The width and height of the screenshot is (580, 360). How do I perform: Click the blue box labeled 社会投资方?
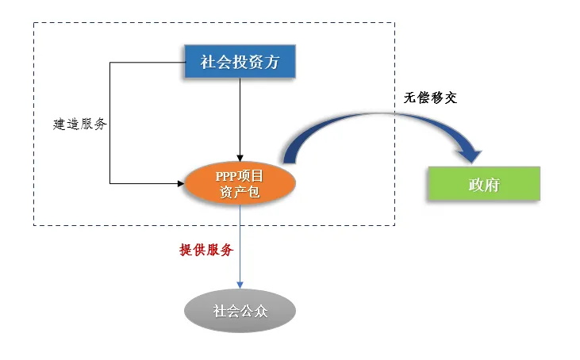(x=240, y=62)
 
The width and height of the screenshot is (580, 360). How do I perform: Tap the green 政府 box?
(x=483, y=185)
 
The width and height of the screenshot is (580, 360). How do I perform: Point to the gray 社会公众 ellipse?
(x=240, y=310)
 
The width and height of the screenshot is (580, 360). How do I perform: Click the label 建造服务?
(x=80, y=124)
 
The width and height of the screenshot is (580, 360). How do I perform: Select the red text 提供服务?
(x=206, y=250)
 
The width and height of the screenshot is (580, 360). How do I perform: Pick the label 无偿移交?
(x=430, y=98)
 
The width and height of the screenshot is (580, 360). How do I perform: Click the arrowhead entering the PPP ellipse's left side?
(x=179, y=183)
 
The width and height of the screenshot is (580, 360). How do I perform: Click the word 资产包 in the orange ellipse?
(x=240, y=192)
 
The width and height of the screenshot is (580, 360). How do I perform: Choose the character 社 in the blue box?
(x=208, y=62)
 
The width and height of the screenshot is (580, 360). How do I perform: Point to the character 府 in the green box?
(x=493, y=185)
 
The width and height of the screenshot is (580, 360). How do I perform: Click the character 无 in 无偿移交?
(x=409, y=98)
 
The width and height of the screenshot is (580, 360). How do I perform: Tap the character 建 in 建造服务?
(x=60, y=124)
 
